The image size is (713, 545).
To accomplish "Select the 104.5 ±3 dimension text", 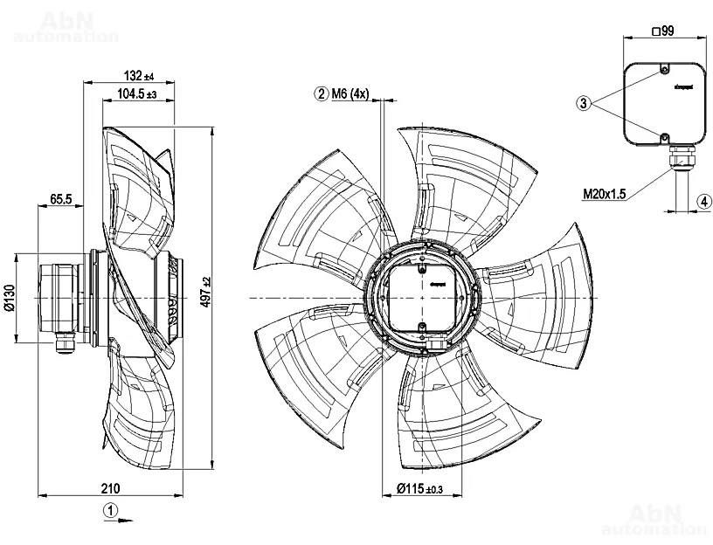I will [135, 94].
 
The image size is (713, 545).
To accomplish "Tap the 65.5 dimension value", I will [60, 200].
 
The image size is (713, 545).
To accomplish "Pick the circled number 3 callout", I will [583, 103].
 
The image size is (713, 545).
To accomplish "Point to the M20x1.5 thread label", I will [605, 194].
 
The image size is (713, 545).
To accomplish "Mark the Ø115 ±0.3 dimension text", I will [420, 488].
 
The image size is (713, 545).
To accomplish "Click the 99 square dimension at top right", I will [663, 31].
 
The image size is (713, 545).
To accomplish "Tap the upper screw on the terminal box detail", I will [664, 69].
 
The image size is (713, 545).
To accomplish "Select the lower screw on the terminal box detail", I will [664, 137].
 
